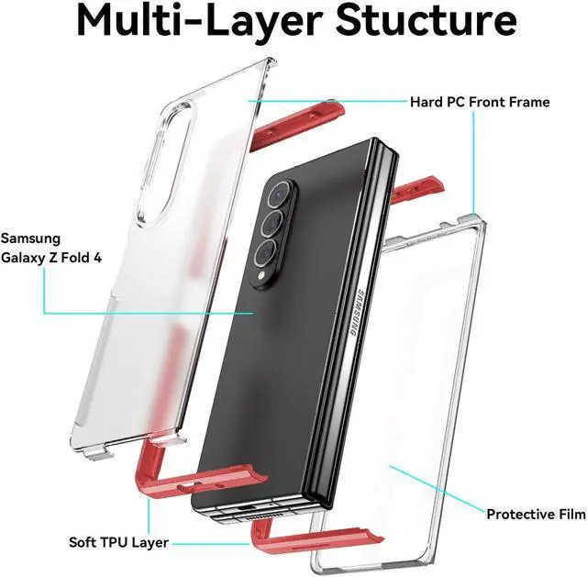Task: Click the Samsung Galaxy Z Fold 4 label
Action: pyautogui.click(x=51, y=248)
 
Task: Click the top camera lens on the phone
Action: pyautogui.click(x=280, y=194)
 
